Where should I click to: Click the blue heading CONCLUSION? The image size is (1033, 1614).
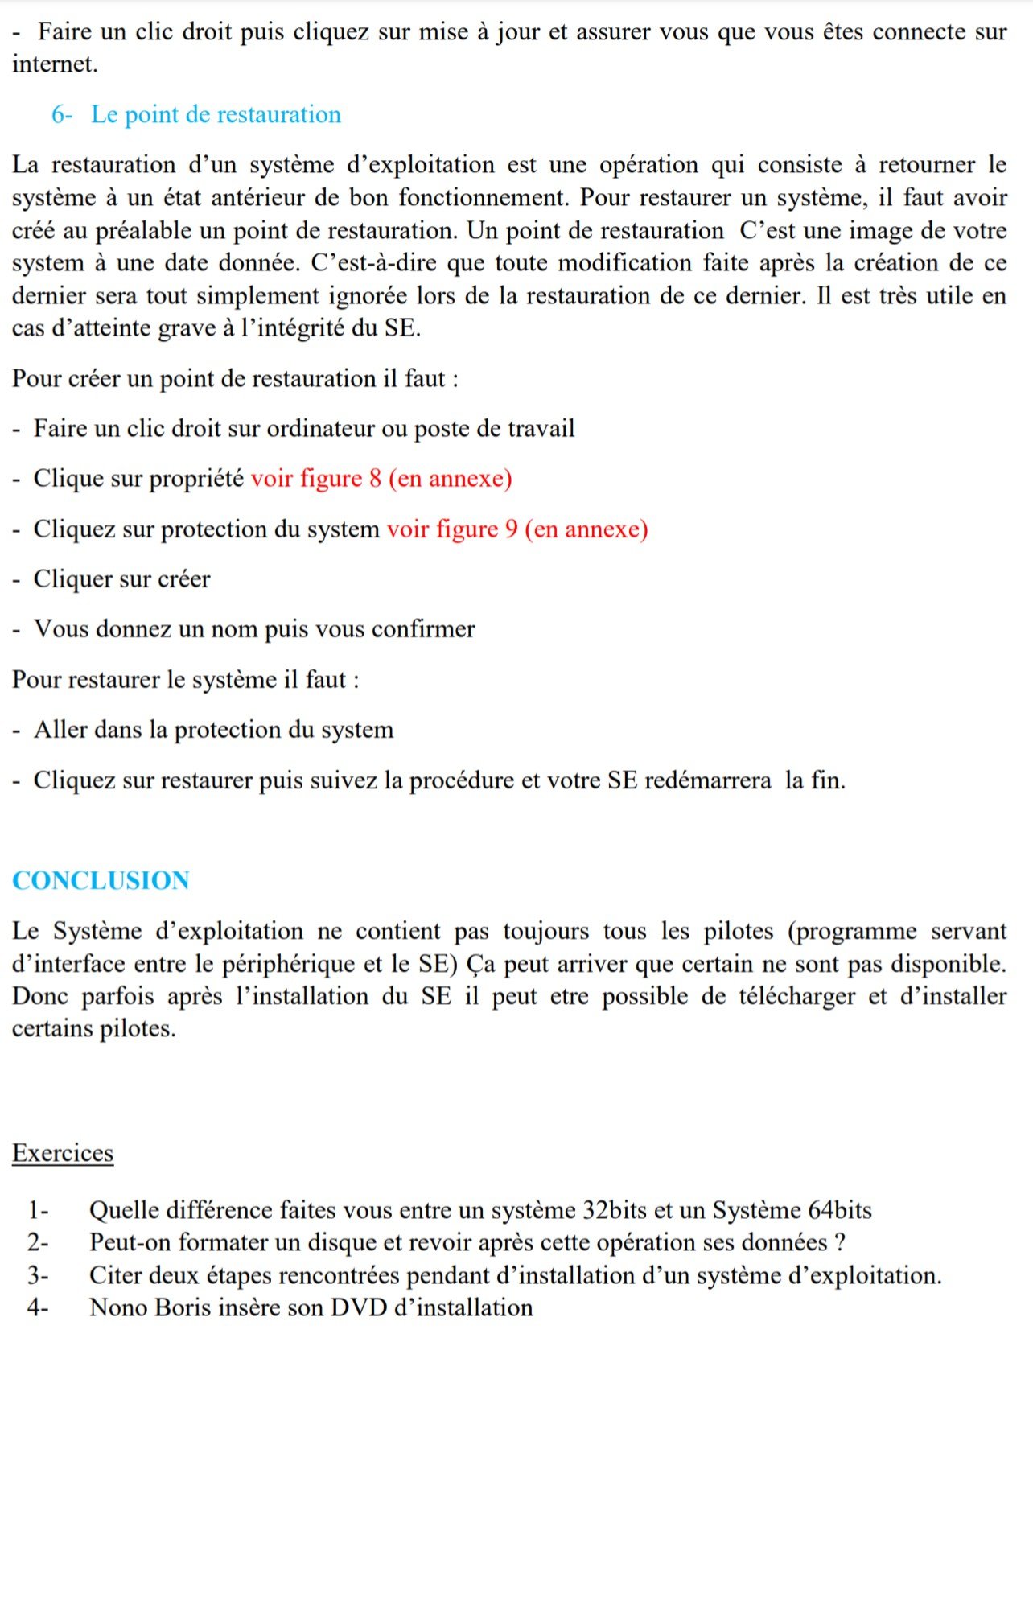101,880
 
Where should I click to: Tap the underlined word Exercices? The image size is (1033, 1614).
63,1153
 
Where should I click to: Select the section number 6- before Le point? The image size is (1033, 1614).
62,114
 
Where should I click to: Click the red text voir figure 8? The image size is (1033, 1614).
315,479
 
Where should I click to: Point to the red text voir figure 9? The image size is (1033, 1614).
452,529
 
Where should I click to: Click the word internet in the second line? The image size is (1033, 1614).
53,64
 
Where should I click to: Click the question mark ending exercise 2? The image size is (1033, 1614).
840,1243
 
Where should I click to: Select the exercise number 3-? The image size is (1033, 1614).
38,1275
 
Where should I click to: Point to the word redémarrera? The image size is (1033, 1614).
707,780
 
